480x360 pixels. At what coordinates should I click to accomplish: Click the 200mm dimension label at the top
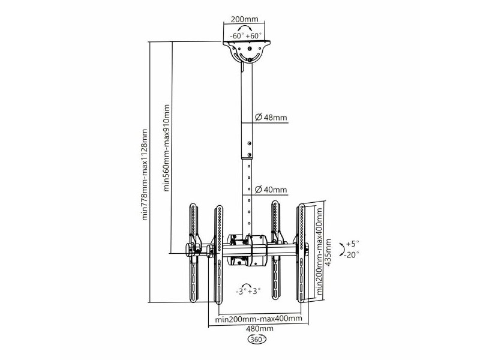pos(244,19)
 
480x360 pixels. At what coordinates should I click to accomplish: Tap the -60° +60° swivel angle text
pos(246,35)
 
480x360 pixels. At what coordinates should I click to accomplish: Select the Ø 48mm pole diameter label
pos(271,117)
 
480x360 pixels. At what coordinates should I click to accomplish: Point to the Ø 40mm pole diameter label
pos(271,190)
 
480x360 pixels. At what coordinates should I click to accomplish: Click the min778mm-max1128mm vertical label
pos(145,175)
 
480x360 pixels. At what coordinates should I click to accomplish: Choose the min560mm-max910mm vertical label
pos(166,148)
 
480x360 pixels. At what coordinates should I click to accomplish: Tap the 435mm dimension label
pos(328,253)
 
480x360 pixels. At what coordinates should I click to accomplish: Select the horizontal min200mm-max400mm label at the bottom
pos(259,319)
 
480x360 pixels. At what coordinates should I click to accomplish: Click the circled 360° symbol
pos(257,340)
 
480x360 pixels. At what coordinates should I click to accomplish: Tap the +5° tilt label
pos(352,244)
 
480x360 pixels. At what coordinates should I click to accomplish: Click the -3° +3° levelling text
pos(248,291)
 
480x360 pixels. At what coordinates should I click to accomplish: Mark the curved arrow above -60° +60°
pos(247,27)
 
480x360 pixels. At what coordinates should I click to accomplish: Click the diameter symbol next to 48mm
pos(259,117)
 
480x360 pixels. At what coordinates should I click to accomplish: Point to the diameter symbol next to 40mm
pos(259,190)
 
